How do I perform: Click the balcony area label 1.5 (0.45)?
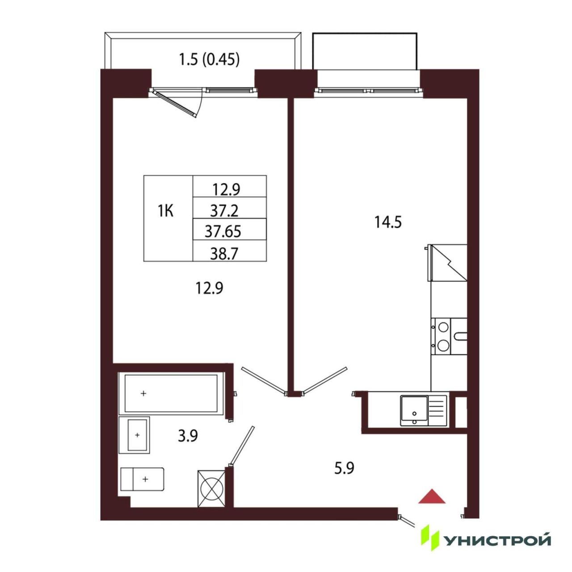pyautogui.click(x=209, y=60)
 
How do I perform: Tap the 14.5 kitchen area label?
pyautogui.click(x=388, y=222)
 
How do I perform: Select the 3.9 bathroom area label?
pyautogui.click(x=188, y=436)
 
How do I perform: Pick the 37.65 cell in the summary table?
pyautogui.click(x=223, y=231)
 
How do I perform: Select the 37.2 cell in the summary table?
pyautogui.click(x=225, y=211)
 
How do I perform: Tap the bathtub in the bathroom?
pyautogui.click(x=171, y=393)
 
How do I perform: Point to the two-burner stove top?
pyautogui.click(x=443, y=336)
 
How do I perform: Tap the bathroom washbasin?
pyautogui.click(x=134, y=435)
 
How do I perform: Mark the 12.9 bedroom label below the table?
pyautogui.click(x=209, y=288)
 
